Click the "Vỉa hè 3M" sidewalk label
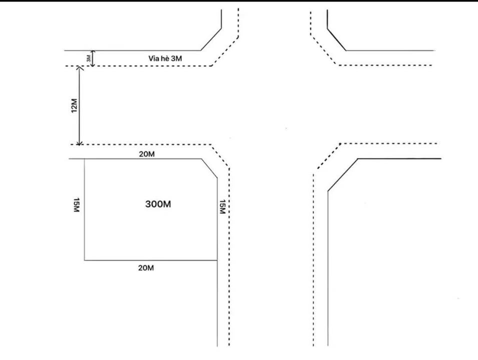[x=165, y=58]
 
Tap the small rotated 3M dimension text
[x=89, y=58]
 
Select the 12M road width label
[x=74, y=105]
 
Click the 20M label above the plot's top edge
[x=147, y=154]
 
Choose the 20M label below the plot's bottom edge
[x=146, y=268]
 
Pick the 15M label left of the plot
[x=76, y=205]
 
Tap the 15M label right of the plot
[x=223, y=206]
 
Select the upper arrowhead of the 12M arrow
[x=80, y=68]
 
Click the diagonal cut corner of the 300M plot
[x=209, y=168]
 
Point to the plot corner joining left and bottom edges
[x=85, y=260]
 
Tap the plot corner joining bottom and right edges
[x=217, y=260]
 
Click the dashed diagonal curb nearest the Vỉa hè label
[x=225, y=51]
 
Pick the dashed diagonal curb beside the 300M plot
[x=220, y=156]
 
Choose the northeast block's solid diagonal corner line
[x=336, y=39]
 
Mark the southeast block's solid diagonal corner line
[x=343, y=174]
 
